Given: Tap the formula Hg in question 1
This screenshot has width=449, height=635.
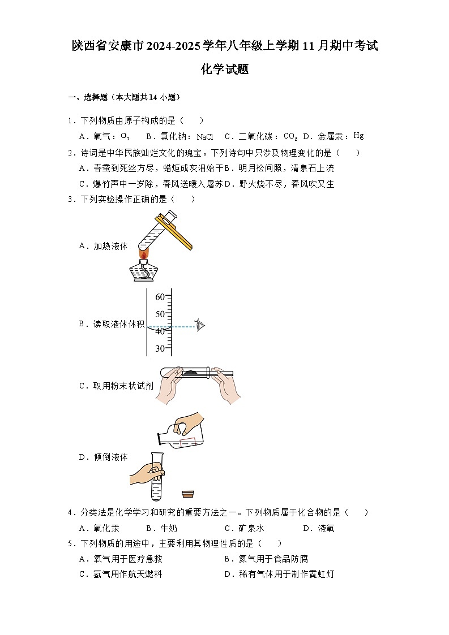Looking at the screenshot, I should click(358, 136).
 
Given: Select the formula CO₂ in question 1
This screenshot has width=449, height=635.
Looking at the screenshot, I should click(290, 136).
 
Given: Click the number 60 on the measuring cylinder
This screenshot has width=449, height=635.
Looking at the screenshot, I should click(160, 297).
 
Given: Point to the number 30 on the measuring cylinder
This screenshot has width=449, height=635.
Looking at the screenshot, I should click(160, 349).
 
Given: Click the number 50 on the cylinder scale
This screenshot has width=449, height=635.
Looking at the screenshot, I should click(160, 314).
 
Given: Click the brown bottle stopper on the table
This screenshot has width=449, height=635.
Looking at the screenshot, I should click(189, 494).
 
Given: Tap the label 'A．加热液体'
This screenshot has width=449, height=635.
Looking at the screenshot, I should click(103, 246).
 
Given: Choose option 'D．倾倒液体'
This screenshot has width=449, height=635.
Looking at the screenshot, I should click(103, 457).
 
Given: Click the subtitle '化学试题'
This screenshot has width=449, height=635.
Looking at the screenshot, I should click(225, 70).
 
